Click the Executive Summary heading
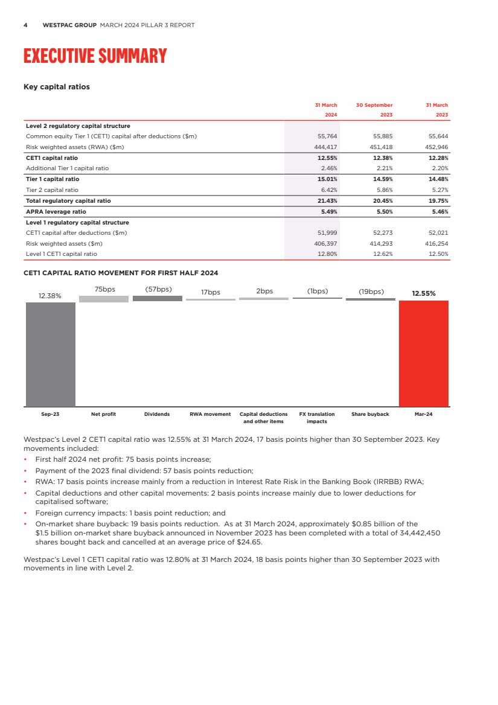95,56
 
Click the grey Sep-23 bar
50,354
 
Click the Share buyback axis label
370,415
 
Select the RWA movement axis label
210,415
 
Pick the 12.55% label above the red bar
424,293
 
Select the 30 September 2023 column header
374,110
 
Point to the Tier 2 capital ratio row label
52,190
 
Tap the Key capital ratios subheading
56,87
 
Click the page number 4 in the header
25,25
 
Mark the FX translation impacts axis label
317,418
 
